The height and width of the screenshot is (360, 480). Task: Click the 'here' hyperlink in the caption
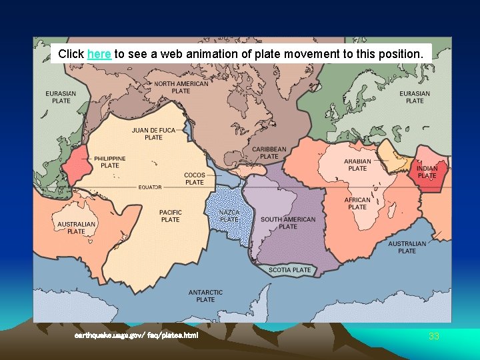coord(99,53)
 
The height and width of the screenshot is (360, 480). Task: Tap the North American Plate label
coord(181,87)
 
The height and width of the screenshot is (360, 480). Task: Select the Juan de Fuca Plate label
coord(153,134)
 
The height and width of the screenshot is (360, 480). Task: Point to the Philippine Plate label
coord(109,162)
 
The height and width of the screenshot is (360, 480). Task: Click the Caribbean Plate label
coord(269,153)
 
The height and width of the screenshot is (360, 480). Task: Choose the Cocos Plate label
coord(195,179)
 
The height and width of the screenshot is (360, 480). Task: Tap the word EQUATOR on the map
coord(150,187)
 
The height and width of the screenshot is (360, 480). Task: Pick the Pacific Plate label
coord(171,216)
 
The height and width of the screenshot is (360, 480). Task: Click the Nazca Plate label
coord(229,215)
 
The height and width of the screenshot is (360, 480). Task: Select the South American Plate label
coord(288,223)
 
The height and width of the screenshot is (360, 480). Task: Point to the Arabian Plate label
coord(358,165)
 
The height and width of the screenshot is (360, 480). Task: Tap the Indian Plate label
coord(427,172)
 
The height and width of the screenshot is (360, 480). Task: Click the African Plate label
coord(357,203)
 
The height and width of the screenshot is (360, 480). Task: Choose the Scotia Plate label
coord(290,270)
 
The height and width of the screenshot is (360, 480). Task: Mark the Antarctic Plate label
coord(205,296)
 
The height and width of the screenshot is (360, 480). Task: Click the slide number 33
coord(434,337)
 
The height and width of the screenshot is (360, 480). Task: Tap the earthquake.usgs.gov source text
coord(136,335)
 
